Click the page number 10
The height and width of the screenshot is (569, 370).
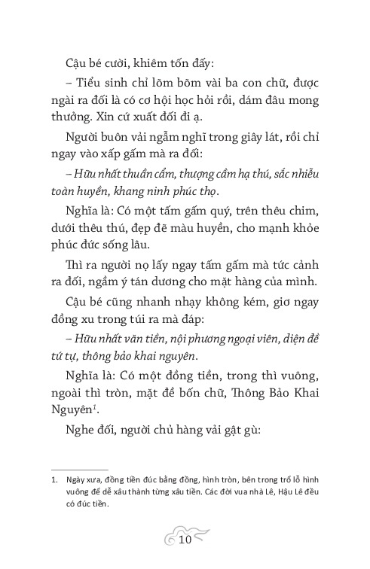pyautogui.click(x=185, y=540)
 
